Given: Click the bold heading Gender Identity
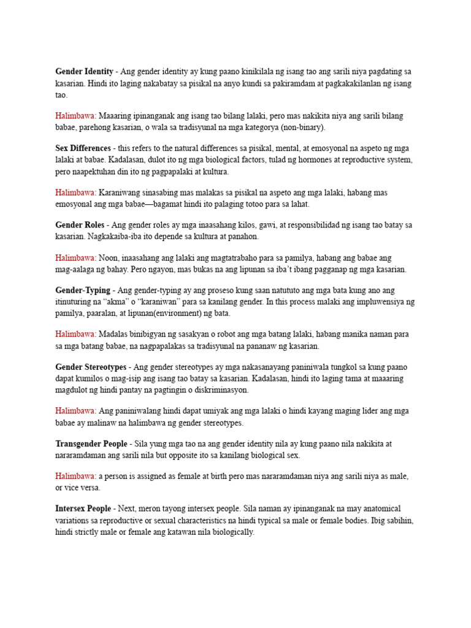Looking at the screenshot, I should (84, 72).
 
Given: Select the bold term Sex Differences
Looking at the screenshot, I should (83, 148).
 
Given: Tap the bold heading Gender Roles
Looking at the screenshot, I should (80, 224).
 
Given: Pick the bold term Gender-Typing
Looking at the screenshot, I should (83, 290).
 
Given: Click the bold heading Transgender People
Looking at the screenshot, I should (91, 443).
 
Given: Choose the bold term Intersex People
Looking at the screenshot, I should (83, 509).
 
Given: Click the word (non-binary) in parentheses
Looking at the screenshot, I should (302, 128).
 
